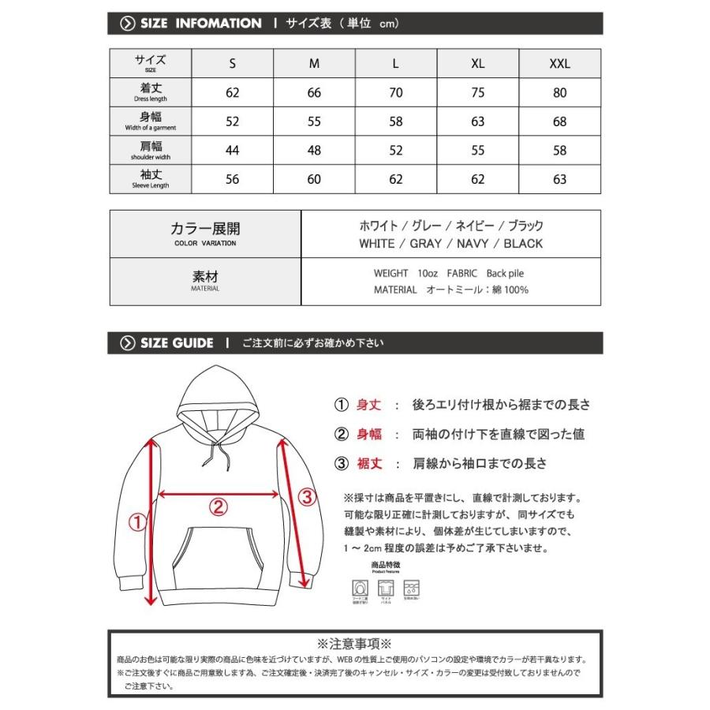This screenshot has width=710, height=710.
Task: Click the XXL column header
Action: pyautogui.click(x=559, y=64)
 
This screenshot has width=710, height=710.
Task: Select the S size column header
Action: pyautogui.click(x=232, y=64)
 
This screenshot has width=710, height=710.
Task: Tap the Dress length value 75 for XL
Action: pyautogui.click(x=478, y=93)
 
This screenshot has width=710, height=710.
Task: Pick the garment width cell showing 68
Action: pyautogui.click(x=559, y=121)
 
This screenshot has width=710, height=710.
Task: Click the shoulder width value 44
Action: pyautogui.click(x=232, y=151)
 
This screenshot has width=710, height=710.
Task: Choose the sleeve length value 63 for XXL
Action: pyautogui.click(x=559, y=179)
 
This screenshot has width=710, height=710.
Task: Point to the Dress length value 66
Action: pyautogui.click(x=314, y=93)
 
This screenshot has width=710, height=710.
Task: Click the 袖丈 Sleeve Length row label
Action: pyautogui.click(x=150, y=180)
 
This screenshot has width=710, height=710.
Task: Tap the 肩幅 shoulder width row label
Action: pyautogui.click(x=150, y=151)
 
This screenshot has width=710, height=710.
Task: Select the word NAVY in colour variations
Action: pyautogui.click(x=471, y=244)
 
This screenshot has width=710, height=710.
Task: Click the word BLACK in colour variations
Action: pyautogui.click(x=524, y=244)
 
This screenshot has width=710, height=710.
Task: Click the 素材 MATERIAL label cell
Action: pyautogui.click(x=205, y=281)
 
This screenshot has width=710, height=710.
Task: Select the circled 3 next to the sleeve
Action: pyautogui.click(x=308, y=496)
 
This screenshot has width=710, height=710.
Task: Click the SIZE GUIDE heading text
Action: pyautogui.click(x=177, y=342)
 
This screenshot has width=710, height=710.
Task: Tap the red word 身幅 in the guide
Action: pyautogui.click(x=369, y=434)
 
